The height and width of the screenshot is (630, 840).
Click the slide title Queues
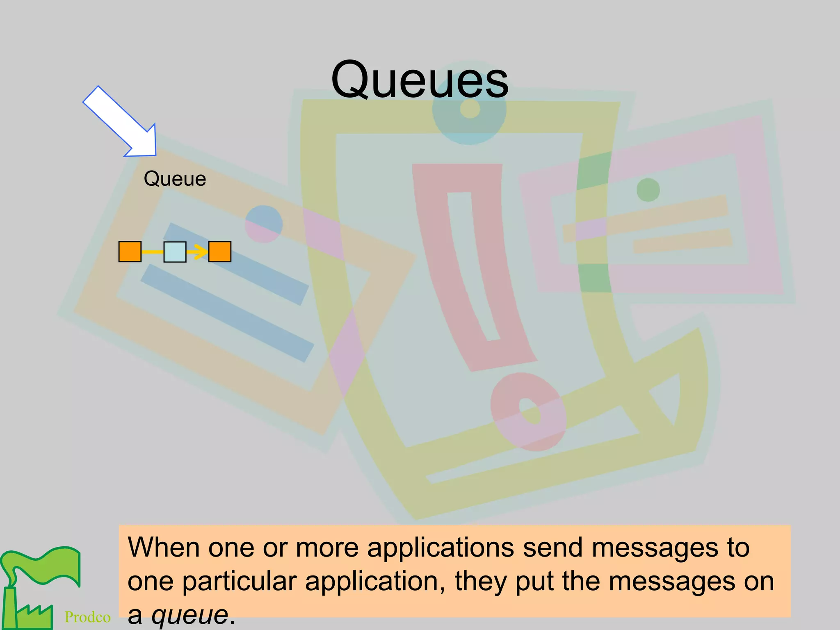pyautogui.click(x=420, y=80)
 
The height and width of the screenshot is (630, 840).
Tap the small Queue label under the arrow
pyautogui.click(x=175, y=179)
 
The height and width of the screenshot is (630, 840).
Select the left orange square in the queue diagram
pyautogui.click(x=130, y=251)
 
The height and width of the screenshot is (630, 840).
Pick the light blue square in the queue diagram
pyautogui.click(x=175, y=251)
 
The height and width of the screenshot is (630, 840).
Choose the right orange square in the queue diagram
pyautogui.click(x=220, y=251)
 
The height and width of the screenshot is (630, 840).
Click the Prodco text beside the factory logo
pyautogui.click(x=87, y=617)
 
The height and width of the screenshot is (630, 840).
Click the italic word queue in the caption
pyautogui.click(x=190, y=614)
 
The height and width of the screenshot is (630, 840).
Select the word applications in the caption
pyautogui.click(x=440, y=548)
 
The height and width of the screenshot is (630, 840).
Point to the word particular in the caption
pyautogui.click(x=239, y=582)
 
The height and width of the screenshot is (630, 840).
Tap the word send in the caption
pyautogui.click(x=552, y=548)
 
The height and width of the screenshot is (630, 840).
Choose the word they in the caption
pyautogui.click(x=480, y=582)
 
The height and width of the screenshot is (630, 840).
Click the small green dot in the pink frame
pyautogui.click(x=648, y=190)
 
